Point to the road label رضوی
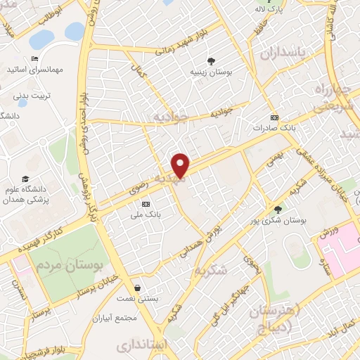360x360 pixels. click(138, 188)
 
